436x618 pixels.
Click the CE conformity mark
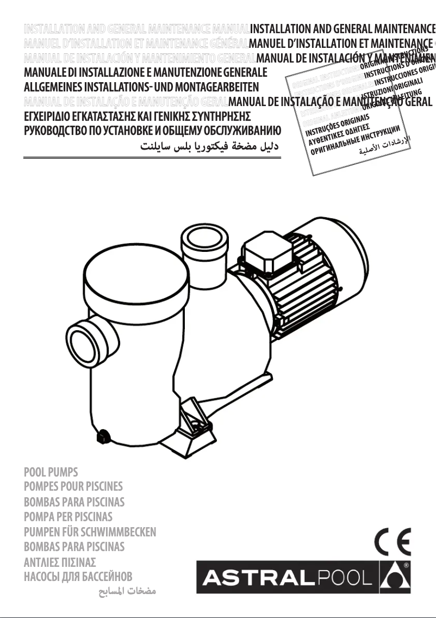click(393, 542)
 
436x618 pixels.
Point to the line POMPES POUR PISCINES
click(73, 486)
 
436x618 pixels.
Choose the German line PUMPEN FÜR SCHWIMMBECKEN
click(90, 532)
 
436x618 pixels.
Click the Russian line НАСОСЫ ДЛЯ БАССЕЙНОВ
click(78, 576)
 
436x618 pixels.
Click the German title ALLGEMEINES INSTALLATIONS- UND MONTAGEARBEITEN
click(141, 86)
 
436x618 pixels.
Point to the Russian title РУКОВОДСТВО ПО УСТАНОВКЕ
click(152, 131)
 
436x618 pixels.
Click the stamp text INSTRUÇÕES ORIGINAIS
click(338, 126)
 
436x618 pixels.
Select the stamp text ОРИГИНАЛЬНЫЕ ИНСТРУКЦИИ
click(356, 139)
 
